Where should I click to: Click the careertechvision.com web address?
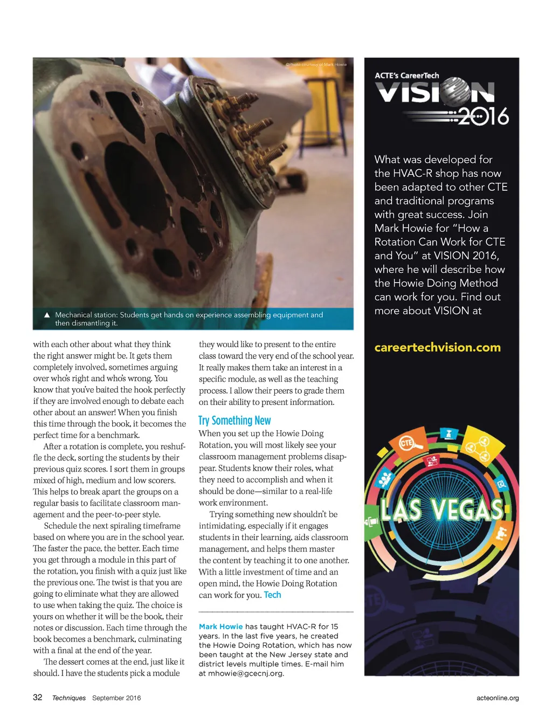click(x=437, y=348)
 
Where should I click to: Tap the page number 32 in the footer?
click(x=38, y=697)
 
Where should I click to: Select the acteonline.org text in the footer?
click(x=498, y=698)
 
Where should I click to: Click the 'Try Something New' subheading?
click(x=234, y=420)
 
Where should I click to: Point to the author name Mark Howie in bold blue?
click(x=220, y=626)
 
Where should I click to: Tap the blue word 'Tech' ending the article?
click(x=272, y=595)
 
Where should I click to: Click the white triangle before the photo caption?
click(x=47, y=315)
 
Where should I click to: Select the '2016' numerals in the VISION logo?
click(x=484, y=116)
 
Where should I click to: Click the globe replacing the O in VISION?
click(x=456, y=92)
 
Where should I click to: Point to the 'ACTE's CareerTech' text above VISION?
click(x=407, y=75)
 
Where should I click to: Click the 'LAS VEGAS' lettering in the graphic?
click(x=441, y=510)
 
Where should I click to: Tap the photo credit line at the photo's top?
click(x=316, y=64)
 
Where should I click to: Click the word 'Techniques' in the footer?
click(x=69, y=698)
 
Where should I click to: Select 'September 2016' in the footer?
click(x=116, y=698)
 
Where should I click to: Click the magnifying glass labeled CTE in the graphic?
click(x=408, y=444)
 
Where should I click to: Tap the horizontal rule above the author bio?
click(x=276, y=612)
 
